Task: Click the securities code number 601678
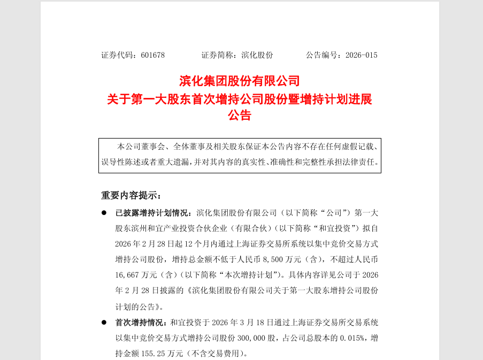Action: (x=153, y=55)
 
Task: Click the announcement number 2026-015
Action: (x=361, y=55)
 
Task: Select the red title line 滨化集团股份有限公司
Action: (x=240, y=81)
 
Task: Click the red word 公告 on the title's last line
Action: (x=240, y=115)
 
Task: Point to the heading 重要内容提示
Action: (x=129, y=195)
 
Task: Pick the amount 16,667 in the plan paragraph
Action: (x=127, y=275)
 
